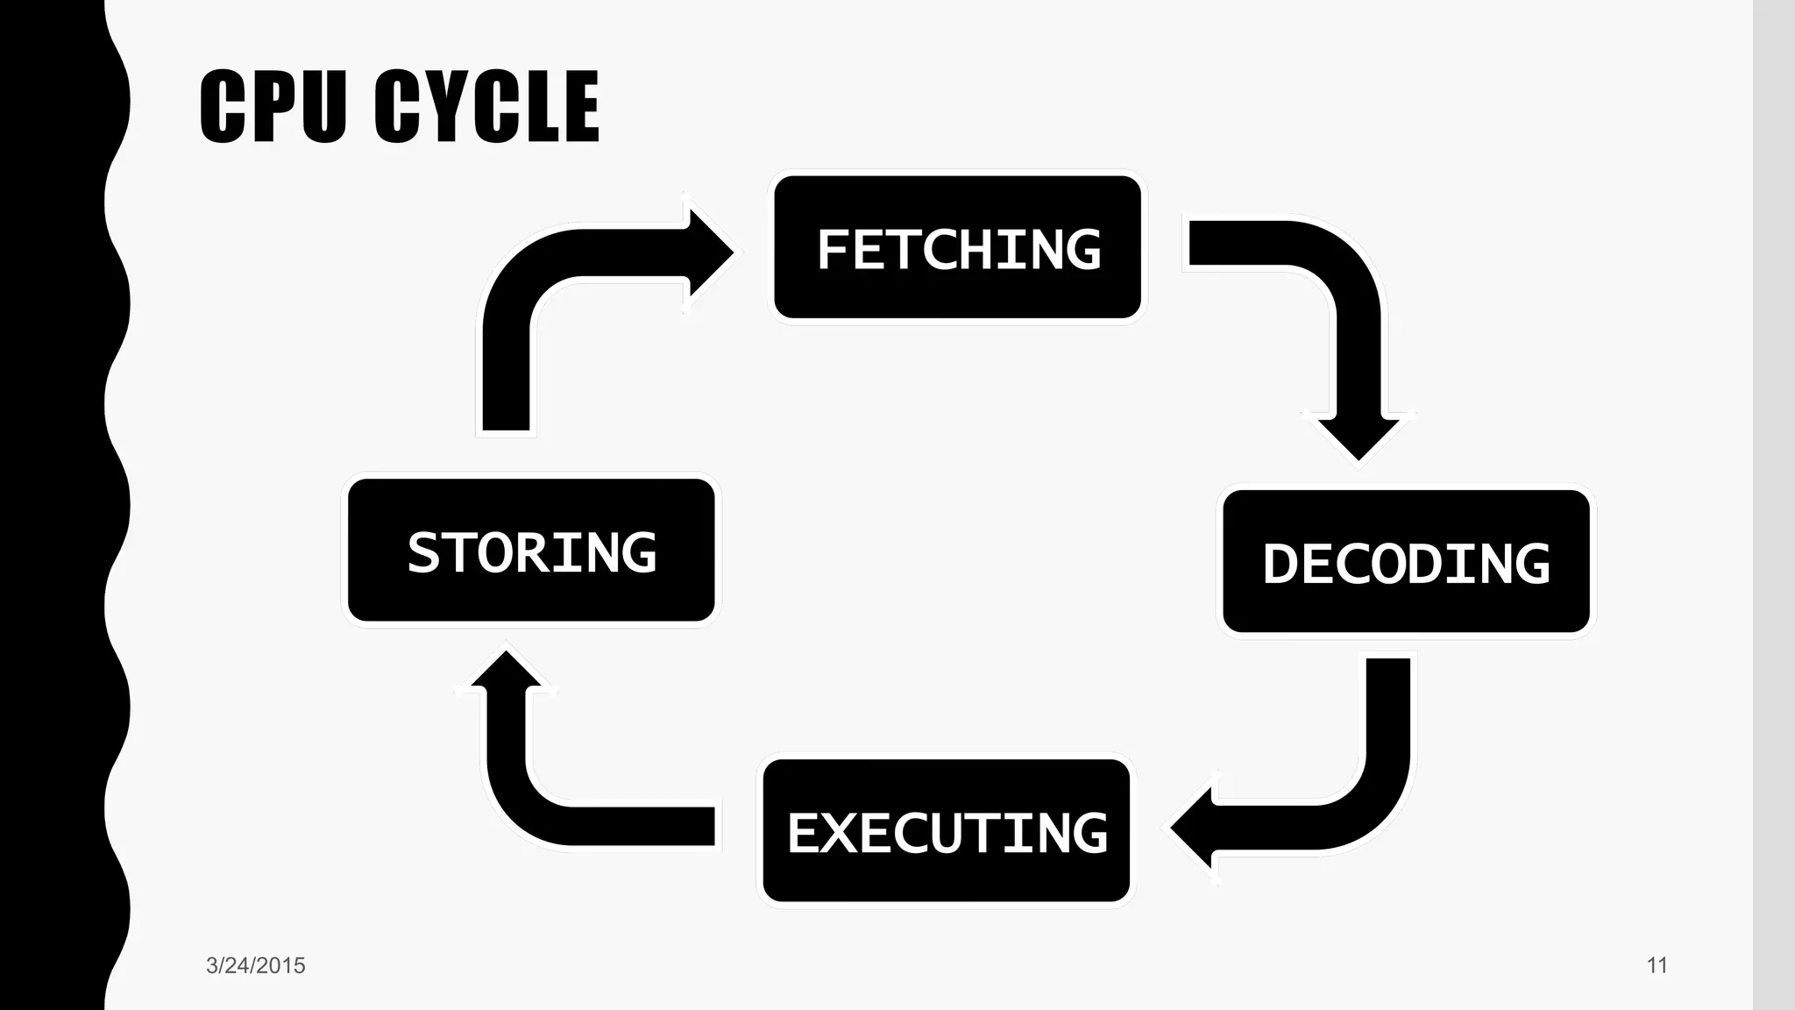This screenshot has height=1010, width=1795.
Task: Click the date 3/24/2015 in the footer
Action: pyautogui.click(x=255, y=965)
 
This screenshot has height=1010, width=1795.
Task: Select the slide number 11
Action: pyautogui.click(x=1657, y=965)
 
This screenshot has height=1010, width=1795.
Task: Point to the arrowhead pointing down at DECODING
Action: pyautogui.click(x=1359, y=437)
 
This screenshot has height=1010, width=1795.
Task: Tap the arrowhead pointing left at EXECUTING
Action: pyautogui.click(x=1194, y=828)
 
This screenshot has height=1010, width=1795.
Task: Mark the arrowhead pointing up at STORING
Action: pyautogui.click(x=506, y=670)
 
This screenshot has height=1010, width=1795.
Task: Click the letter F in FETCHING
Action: pyautogui.click(x=834, y=250)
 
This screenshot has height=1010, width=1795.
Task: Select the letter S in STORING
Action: pyautogui.click(x=423, y=552)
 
